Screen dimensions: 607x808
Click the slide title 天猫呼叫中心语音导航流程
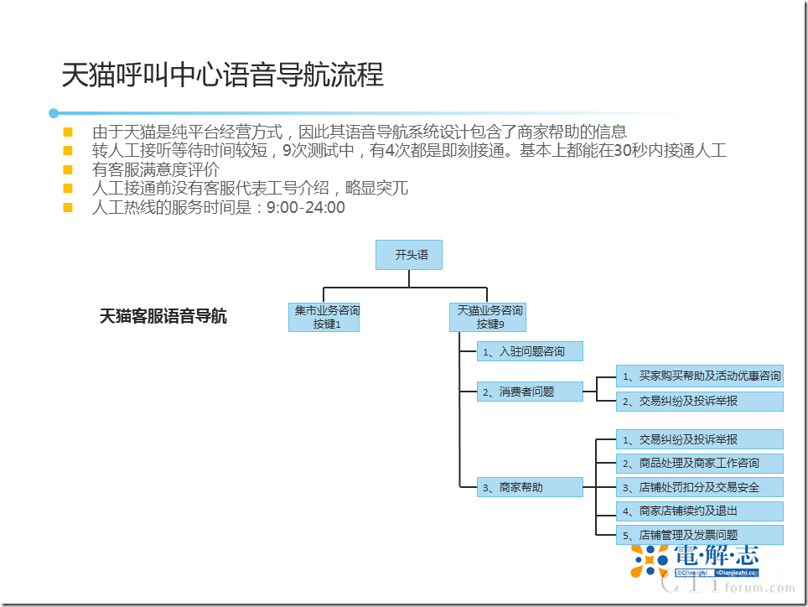[x=222, y=75]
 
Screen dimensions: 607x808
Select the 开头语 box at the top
[x=409, y=255]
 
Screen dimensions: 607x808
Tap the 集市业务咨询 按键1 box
[x=324, y=317]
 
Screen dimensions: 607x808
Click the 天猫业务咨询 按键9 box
[x=489, y=317]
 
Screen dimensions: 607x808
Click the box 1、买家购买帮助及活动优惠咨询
[x=699, y=376]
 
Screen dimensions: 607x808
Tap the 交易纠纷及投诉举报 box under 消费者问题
[x=699, y=402]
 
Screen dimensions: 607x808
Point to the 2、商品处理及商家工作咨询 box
[x=699, y=463]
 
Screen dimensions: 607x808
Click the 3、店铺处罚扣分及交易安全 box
[x=699, y=487]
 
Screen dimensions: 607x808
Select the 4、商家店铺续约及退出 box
[x=699, y=511]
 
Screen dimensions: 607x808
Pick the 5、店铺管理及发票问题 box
[x=699, y=535]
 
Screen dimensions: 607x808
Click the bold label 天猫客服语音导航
[x=163, y=317]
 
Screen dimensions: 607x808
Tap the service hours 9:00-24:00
[x=305, y=207]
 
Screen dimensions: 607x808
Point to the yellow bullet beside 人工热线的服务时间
[x=68, y=207]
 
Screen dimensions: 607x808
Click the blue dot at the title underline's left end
[x=54, y=112]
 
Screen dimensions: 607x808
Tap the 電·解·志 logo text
[x=715, y=555]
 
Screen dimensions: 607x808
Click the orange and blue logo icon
[x=650, y=559]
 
